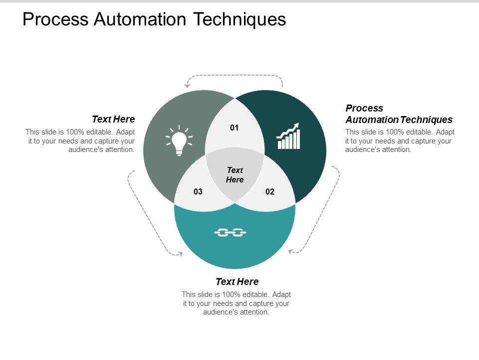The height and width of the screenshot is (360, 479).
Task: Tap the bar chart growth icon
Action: click(x=289, y=136)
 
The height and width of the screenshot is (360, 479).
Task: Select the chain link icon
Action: click(x=231, y=232)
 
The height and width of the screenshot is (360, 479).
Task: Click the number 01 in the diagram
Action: click(x=235, y=128)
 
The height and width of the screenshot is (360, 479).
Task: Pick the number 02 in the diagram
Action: click(x=270, y=191)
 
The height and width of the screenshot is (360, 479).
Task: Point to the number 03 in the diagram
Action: click(x=198, y=191)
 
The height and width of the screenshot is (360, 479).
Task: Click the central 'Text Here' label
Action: click(x=235, y=175)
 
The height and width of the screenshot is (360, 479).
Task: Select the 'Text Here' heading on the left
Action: click(x=113, y=119)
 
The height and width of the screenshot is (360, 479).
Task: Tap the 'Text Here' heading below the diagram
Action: click(x=237, y=281)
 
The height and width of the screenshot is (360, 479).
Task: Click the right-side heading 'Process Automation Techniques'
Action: click(x=399, y=114)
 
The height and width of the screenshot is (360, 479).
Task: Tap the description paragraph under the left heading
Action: click(x=80, y=140)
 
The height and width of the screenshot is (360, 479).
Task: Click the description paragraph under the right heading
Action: click(x=400, y=140)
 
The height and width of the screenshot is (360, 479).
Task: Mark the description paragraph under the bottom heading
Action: click(x=237, y=303)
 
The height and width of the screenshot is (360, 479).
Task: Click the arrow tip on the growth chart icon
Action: click(x=297, y=124)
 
